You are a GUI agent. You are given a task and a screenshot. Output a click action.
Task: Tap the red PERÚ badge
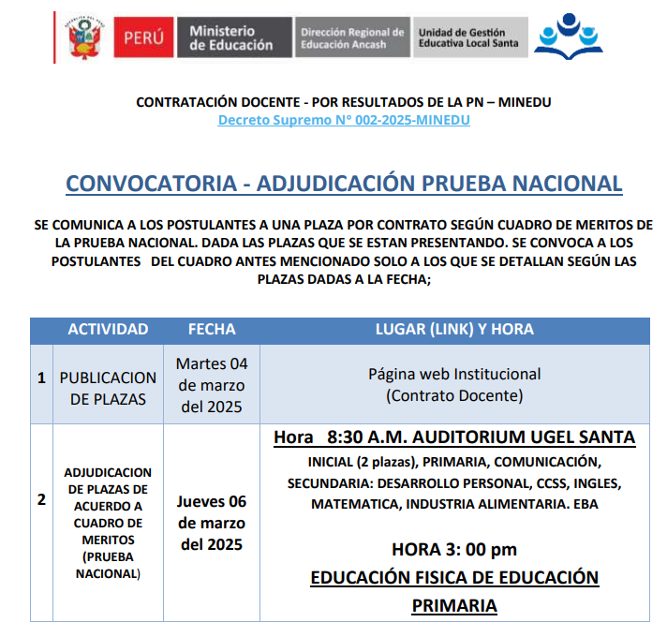pos(142,37)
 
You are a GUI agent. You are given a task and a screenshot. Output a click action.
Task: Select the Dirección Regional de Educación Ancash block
pos(351,37)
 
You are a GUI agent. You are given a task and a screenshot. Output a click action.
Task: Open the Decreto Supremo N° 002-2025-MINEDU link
pos(344,120)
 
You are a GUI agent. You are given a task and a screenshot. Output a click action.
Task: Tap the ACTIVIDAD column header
pos(108,330)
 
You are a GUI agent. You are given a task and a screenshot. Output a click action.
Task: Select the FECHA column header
pos(212,330)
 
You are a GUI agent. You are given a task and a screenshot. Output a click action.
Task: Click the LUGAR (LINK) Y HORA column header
pos(454,330)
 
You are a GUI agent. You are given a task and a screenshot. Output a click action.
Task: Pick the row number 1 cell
pos(41,378)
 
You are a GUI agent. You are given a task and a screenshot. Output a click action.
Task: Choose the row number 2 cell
pos(41,499)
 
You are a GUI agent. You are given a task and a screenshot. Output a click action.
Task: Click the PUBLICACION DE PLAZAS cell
pos(108,388)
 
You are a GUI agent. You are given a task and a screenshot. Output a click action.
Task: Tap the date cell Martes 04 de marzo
pos(212,385)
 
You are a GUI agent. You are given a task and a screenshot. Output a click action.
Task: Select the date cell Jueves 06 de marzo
pos(212,523)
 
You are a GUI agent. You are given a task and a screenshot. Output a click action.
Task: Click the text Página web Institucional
pos(454,374)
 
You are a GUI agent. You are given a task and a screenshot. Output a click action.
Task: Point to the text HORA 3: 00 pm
pos(454,549)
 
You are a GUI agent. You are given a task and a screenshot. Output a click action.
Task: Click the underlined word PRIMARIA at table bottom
pos(454,606)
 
